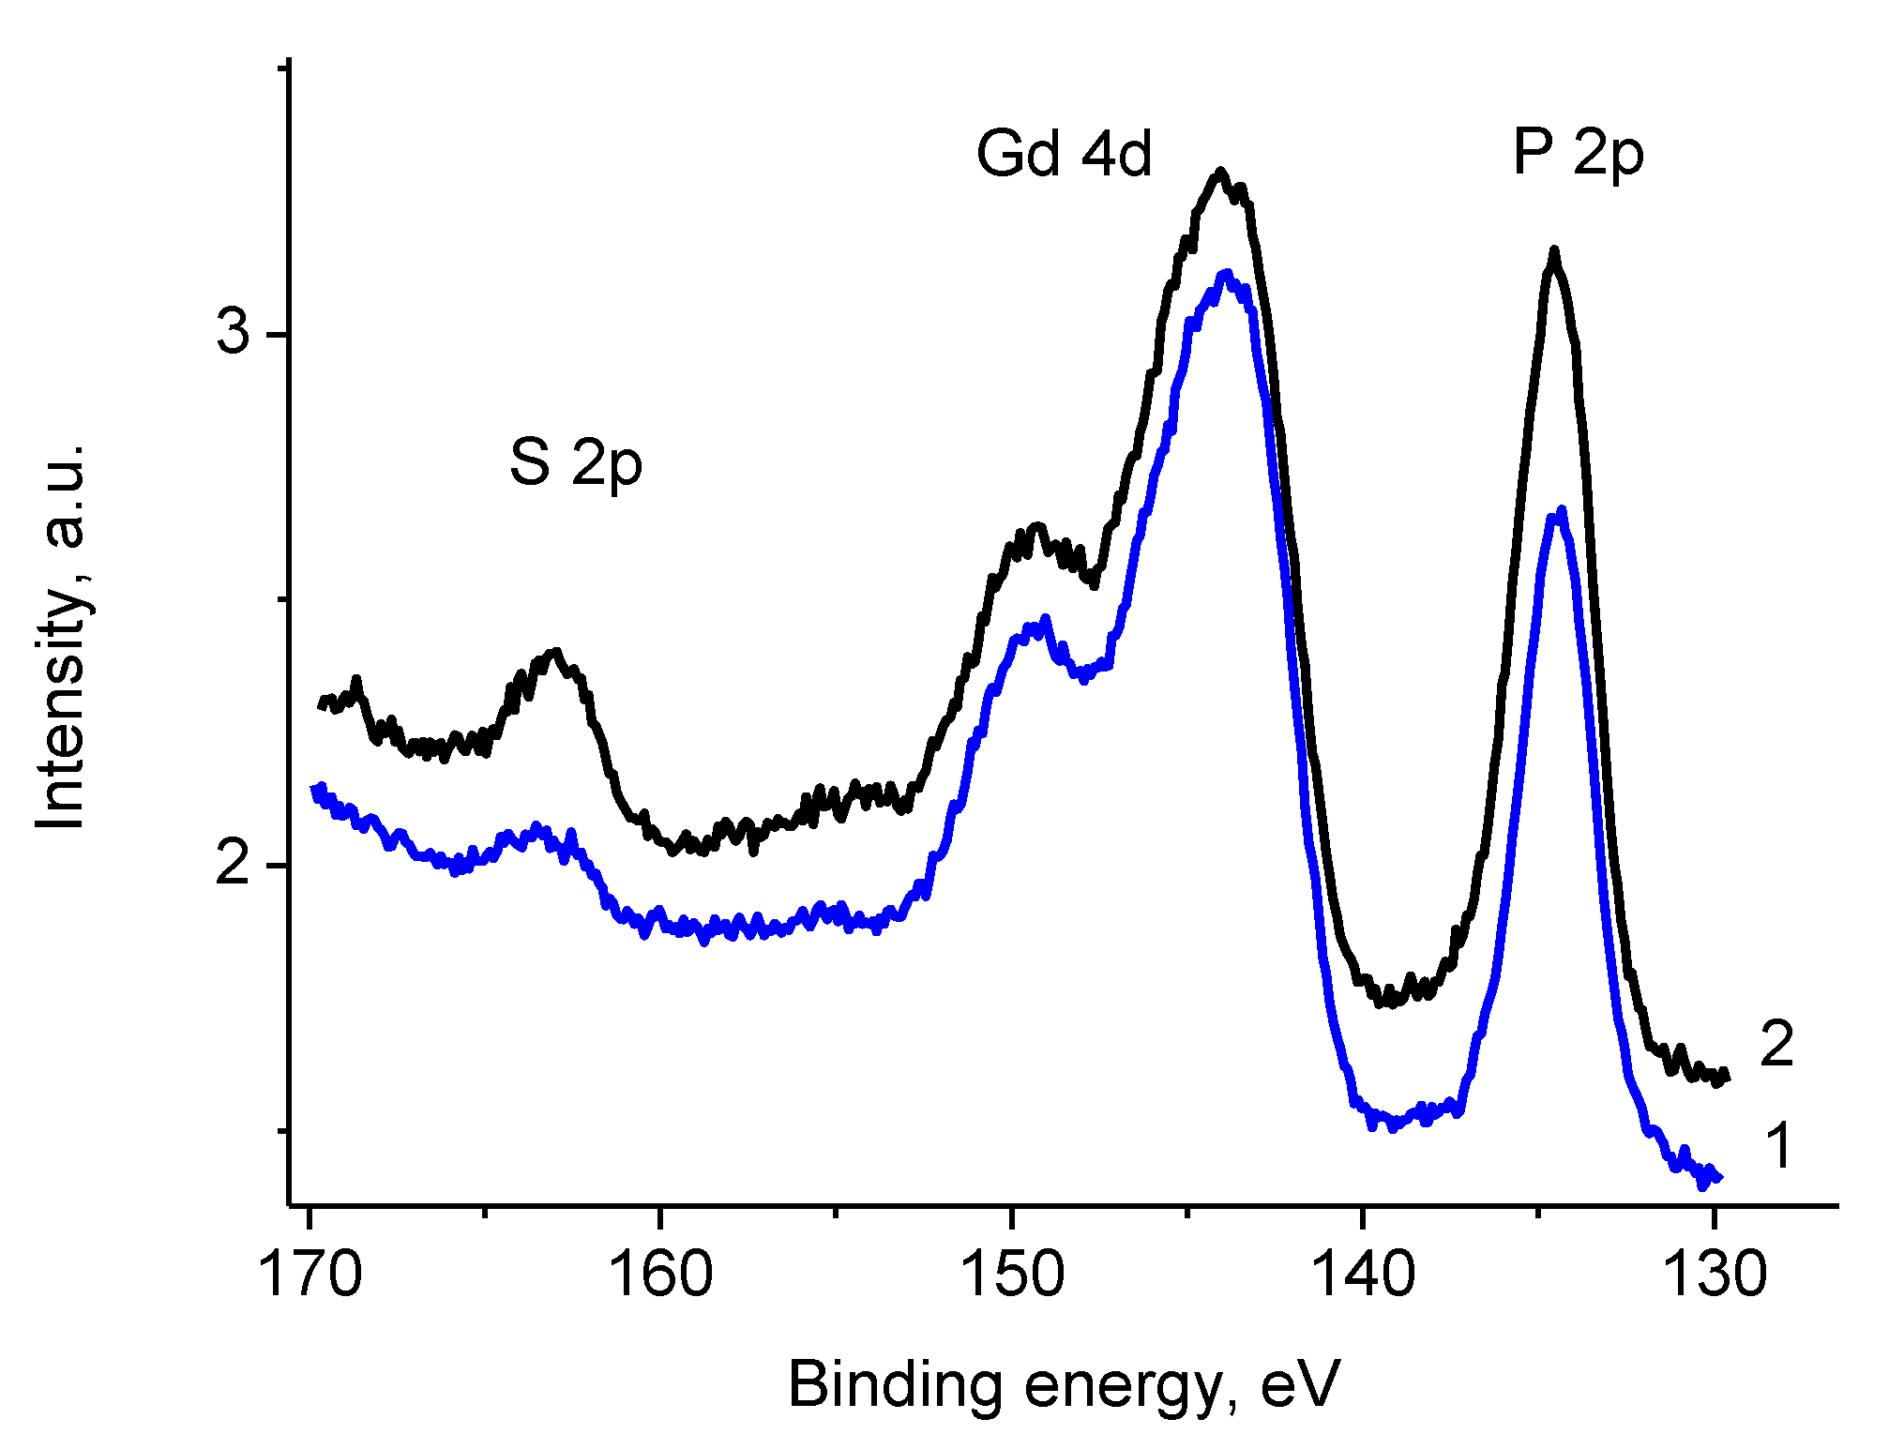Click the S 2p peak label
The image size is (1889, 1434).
tap(576, 463)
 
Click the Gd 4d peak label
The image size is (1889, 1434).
tap(1064, 154)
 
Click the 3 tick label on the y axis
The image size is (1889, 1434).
tap(234, 334)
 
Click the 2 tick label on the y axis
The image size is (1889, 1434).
tap(234, 864)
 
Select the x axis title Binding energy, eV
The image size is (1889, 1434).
tap(1064, 1384)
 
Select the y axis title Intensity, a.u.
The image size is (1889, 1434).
tap(62, 638)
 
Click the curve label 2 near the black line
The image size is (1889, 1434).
tap(1776, 1043)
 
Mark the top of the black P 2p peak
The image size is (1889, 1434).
tap(1554, 250)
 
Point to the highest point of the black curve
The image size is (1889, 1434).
tap(1220, 171)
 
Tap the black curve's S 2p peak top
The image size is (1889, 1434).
tap(556, 650)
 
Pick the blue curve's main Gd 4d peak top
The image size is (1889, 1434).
tap(1225, 273)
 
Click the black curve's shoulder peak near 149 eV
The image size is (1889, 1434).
tap(1036, 526)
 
